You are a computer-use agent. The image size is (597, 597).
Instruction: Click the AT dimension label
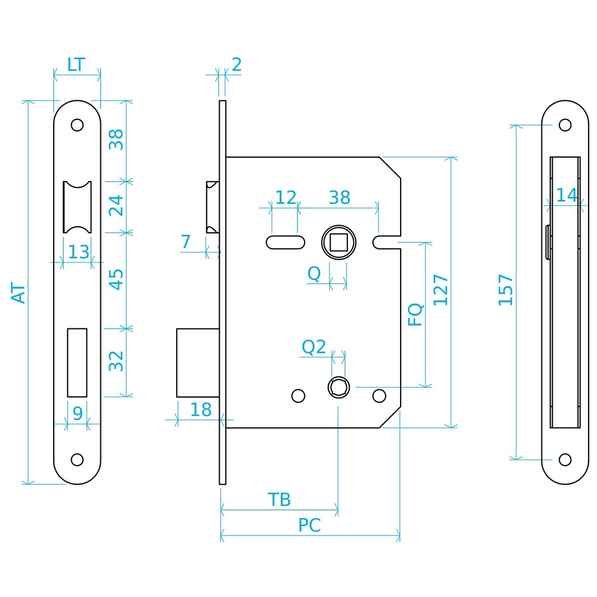(x=19, y=293)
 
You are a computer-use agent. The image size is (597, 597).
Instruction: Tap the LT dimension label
(x=76, y=64)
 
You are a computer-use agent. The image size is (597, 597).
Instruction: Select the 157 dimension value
(x=506, y=290)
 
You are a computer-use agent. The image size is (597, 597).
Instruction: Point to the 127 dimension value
(x=441, y=290)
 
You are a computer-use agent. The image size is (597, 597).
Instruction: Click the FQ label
(x=416, y=315)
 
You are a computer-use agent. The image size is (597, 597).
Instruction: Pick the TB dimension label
(x=279, y=500)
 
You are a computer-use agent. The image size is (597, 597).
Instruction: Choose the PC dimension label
(x=309, y=525)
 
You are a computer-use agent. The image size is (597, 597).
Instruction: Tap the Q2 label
(x=314, y=347)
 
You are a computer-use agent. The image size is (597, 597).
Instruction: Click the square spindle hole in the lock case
(x=338, y=242)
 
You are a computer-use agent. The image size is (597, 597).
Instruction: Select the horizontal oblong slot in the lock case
(x=285, y=242)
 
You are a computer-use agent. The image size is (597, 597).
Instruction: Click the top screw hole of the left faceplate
(x=77, y=125)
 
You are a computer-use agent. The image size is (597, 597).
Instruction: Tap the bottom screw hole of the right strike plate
(x=565, y=460)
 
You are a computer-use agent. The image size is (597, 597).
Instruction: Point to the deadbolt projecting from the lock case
(x=198, y=363)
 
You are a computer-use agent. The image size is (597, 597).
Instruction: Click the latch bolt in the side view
(x=213, y=207)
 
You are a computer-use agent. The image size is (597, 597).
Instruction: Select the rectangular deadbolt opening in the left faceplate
(x=77, y=363)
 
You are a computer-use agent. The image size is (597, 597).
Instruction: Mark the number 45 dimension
(x=116, y=280)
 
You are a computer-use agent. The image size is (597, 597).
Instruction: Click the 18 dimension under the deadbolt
(x=201, y=410)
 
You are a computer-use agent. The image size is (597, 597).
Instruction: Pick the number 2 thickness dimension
(x=236, y=64)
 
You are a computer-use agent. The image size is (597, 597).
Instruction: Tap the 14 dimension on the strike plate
(x=567, y=195)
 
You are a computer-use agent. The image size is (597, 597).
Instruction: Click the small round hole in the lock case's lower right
(x=379, y=396)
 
